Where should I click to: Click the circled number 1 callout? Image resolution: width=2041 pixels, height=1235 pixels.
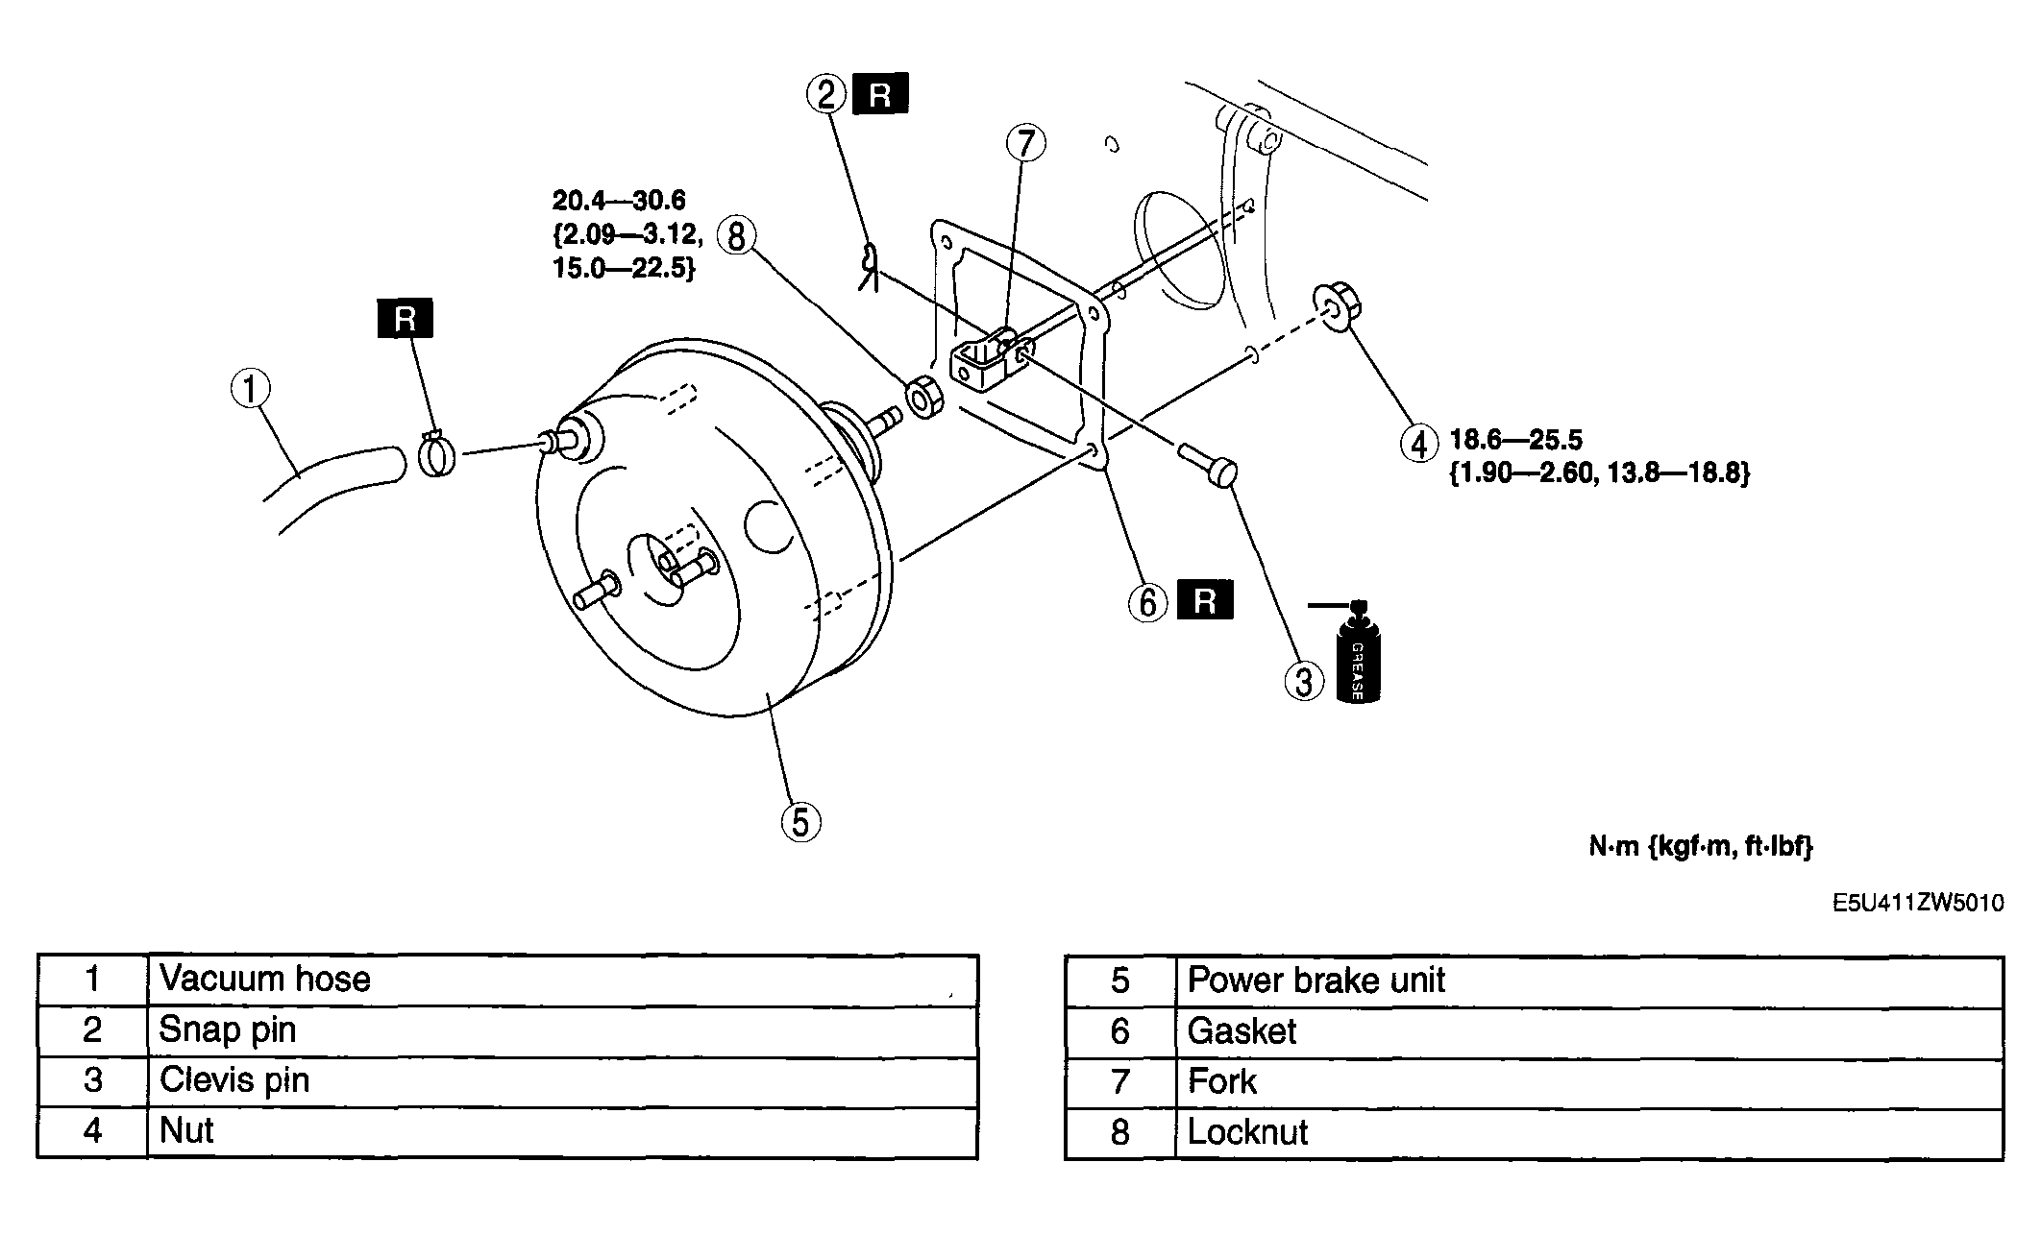251,390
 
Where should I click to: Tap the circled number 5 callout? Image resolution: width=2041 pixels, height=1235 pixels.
800,822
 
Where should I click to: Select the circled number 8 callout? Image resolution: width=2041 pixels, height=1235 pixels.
736,235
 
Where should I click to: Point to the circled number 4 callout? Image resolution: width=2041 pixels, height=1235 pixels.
1418,443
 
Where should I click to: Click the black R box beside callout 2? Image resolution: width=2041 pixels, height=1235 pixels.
880,93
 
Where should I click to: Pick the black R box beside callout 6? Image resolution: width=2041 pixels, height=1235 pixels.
1205,600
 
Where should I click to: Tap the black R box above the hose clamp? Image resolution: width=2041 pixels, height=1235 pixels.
406,319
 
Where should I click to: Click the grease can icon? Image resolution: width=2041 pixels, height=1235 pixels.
1357,653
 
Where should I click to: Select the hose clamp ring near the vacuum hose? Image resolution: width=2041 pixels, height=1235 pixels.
437,453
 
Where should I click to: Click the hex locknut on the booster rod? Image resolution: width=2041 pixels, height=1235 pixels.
924,398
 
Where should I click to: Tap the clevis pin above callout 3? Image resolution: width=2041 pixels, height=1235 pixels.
1208,465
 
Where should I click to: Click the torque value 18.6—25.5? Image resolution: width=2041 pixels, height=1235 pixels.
1515,440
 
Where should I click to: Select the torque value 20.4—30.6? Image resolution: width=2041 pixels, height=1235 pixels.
619,200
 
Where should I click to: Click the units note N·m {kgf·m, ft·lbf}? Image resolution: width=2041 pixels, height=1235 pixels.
1700,846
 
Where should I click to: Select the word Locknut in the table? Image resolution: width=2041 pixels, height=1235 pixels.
1247,1132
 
